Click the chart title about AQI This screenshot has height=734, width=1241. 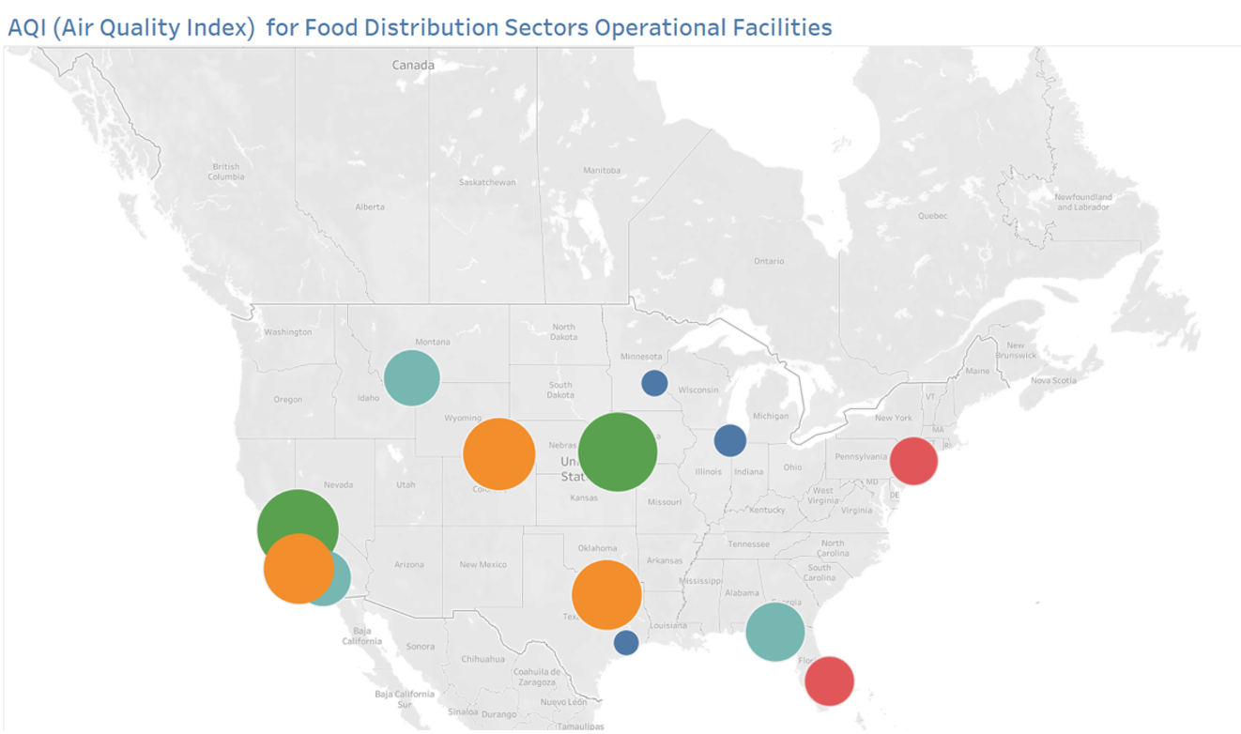(420, 27)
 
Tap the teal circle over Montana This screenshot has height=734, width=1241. (412, 378)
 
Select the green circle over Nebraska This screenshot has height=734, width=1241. (617, 452)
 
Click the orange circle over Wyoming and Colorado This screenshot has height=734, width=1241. (499, 454)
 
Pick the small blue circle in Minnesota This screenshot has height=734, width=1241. (654, 383)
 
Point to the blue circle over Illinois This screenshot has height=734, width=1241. (729, 439)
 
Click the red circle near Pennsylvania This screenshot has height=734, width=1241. (912, 461)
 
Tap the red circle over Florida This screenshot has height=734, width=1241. (829, 680)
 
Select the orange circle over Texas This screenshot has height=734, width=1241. (606, 594)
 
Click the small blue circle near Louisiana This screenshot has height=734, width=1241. (626, 643)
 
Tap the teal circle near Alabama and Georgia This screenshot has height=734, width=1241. (775, 632)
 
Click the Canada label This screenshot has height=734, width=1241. (413, 65)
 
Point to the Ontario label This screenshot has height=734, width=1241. (769, 260)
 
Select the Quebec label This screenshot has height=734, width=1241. (932, 216)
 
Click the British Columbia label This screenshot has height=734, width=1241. (225, 171)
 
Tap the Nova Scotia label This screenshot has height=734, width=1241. (1053, 380)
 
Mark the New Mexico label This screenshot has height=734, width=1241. (483, 564)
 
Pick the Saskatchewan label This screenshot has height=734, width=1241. (487, 181)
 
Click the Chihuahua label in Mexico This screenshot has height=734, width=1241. (484, 659)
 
